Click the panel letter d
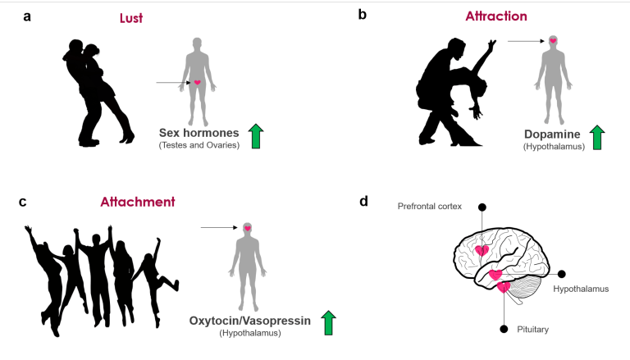pyautogui.click(x=363, y=201)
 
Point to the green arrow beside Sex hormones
pyautogui.click(x=257, y=135)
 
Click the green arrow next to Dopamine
pyautogui.click(x=597, y=137)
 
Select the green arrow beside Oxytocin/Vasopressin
pyautogui.click(x=328, y=323)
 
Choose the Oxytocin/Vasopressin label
pyautogui.click(x=250, y=321)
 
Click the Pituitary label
pyautogui.click(x=533, y=329)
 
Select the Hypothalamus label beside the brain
pyautogui.click(x=580, y=289)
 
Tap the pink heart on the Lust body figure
pyautogui.click(x=197, y=83)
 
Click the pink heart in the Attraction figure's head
pyautogui.click(x=553, y=40)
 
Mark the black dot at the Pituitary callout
pyautogui.click(x=504, y=328)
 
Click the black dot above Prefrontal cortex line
pyautogui.click(x=482, y=207)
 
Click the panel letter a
pyautogui.click(x=27, y=16)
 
